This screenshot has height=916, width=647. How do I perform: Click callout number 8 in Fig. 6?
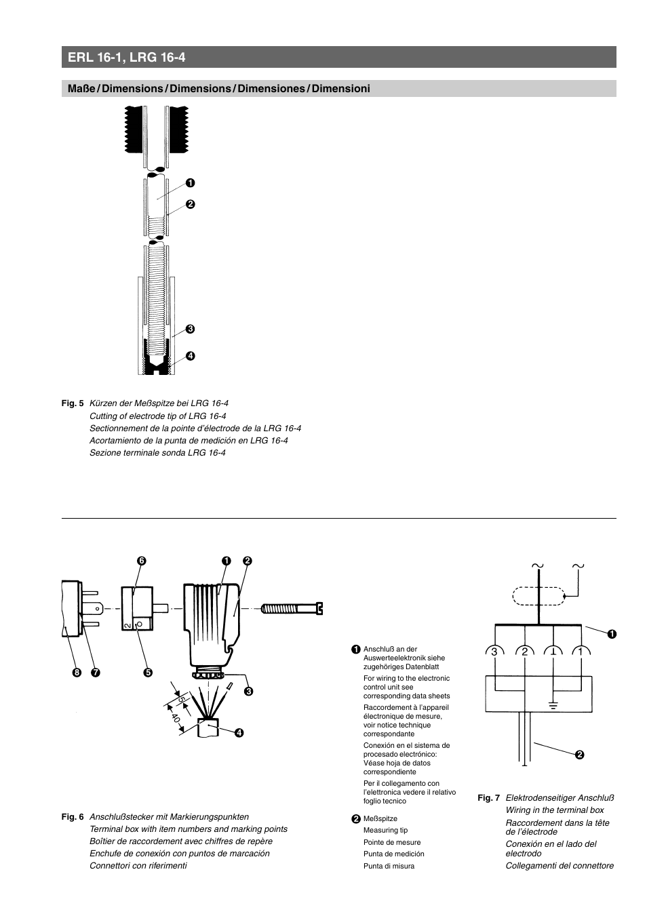pyautogui.click(x=77, y=673)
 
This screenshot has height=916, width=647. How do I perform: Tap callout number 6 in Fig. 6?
pyautogui.click(x=142, y=561)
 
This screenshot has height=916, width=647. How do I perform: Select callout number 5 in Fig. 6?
pyautogui.click(x=147, y=673)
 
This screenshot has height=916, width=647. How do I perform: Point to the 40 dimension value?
pyautogui.click(x=176, y=717)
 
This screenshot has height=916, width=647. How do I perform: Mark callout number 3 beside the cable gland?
pyautogui.click(x=249, y=691)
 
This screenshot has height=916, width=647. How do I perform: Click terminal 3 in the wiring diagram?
pyautogui.click(x=494, y=652)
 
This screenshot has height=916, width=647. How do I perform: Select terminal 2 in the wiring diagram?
pyautogui.click(x=524, y=652)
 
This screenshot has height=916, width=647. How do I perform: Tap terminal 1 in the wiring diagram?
pyautogui.click(x=580, y=652)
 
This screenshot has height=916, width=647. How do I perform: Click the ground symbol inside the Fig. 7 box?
pyautogui.click(x=553, y=704)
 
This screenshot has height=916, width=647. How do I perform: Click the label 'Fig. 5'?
pyautogui.click(x=72, y=403)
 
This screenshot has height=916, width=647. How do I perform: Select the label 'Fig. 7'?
pyautogui.click(x=488, y=798)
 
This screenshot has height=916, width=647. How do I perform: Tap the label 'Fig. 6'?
pyautogui.click(x=72, y=817)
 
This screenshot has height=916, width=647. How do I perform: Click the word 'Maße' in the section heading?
pyautogui.click(x=81, y=89)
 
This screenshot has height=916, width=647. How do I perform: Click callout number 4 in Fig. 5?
pyautogui.click(x=191, y=355)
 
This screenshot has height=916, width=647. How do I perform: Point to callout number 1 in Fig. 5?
pyautogui.click(x=191, y=182)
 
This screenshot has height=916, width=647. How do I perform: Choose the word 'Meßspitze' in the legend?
pyautogui.click(x=380, y=818)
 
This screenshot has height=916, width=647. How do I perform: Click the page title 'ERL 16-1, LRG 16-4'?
pyautogui.click(x=127, y=58)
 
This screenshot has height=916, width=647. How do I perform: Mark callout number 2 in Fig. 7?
pyautogui.click(x=580, y=755)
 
